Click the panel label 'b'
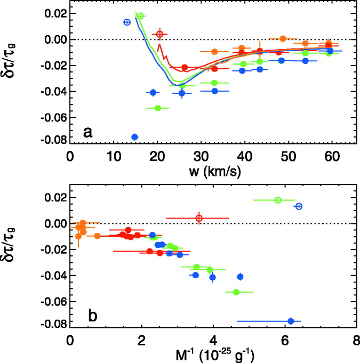[92, 316]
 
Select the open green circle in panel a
[140, 16]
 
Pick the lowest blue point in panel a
[134, 137]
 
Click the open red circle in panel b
[199, 218]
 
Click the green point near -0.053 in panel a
[157, 108]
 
